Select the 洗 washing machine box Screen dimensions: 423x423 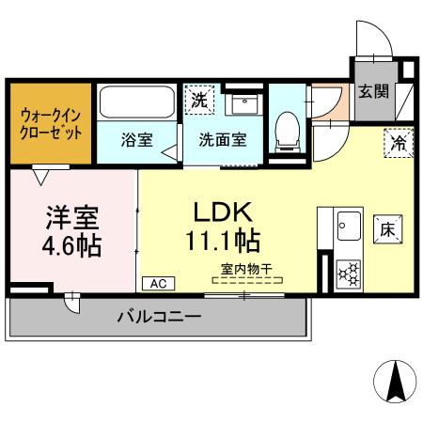(198, 98)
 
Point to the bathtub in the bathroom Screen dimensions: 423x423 (135, 102)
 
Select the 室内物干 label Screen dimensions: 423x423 (246, 269)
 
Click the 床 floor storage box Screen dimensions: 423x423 (386, 227)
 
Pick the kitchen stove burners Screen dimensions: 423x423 (349, 274)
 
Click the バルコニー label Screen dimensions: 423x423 (159, 317)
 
